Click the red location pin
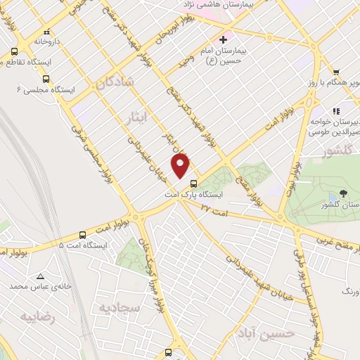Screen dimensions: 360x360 pyautogui.click(x=181, y=165)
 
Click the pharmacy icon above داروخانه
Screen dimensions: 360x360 pyautogui.click(x=46, y=32)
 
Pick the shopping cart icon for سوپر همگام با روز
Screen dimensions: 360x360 pyautogui.click(x=336, y=72)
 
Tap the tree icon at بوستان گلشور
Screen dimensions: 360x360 pyautogui.click(x=343, y=193)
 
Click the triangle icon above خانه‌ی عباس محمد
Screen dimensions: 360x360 pyautogui.click(x=40, y=276)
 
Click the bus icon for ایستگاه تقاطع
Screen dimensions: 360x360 pyautogui.click(x=15, y=51)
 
